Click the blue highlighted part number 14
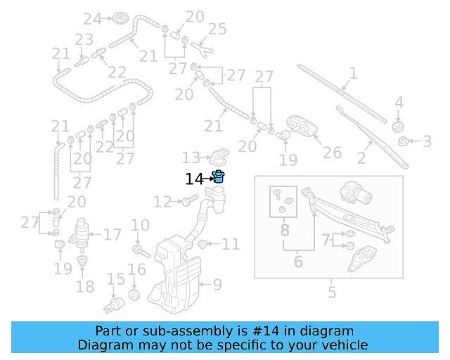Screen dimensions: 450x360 [x=219, y=177]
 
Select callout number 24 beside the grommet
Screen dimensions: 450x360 [x=92, y=18]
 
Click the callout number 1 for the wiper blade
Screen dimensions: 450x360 [x=353, y=73]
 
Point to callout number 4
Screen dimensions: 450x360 [x=399, y=103]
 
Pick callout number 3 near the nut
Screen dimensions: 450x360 [x=427, y=142]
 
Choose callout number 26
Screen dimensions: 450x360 [x=332, y=153]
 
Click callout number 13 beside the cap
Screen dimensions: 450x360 [x=191, y=157]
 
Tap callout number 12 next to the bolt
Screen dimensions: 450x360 [x=162, y=202]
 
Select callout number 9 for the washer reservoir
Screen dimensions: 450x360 [x=217, y=285]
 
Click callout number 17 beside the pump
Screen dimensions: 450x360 [x=112, y=235]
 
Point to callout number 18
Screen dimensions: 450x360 [x=85, y=287]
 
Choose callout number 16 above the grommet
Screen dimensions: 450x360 [x=136, y=269]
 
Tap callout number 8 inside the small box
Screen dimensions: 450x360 [x=285, y=230]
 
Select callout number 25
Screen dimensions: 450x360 [x=217, y=29]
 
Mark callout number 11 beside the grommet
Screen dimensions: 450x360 [x=231, y=245]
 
